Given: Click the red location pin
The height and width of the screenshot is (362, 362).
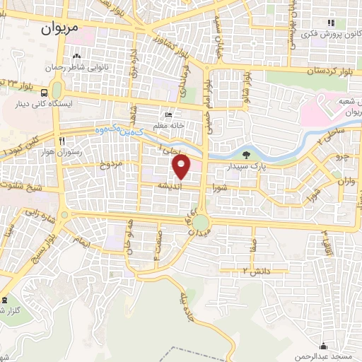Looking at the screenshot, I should point(182,166).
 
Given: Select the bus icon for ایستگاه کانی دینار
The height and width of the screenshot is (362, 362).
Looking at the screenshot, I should point(45,92).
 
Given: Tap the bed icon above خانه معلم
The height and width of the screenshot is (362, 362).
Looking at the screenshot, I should point(168,115).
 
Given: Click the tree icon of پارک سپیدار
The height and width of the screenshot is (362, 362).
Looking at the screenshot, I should point(245,155).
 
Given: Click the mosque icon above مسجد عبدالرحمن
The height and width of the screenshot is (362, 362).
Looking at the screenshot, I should point(324,346).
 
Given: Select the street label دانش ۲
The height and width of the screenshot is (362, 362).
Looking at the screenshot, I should point(255,270).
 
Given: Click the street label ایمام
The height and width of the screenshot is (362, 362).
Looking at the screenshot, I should point(81,243).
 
